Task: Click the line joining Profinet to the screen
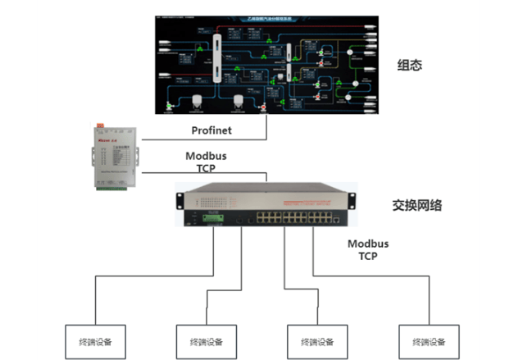[266, 127]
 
